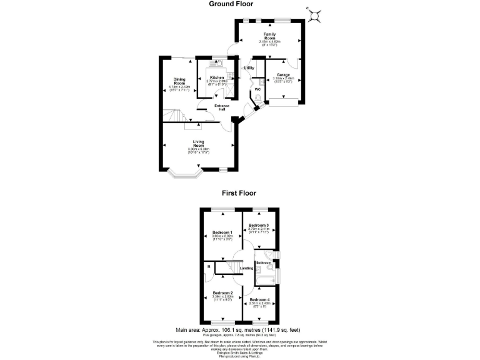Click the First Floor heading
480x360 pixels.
pos(240,194)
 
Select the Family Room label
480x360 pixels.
pos(269,36)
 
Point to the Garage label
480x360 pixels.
pos(284,75)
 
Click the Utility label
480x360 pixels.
pos(249,67)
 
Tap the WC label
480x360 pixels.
pos(257,89)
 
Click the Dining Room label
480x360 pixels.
pos(179,81)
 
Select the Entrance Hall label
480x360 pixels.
pos(222,107)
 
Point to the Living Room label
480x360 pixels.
pos(199,144)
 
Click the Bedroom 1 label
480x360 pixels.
pos(222,232)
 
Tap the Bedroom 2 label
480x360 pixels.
pos(222,293)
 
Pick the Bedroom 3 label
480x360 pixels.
pos(259,225)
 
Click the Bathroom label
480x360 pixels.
pos(263,262)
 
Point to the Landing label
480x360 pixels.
pos(246,269)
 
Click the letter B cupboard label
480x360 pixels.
pos(208,267)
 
